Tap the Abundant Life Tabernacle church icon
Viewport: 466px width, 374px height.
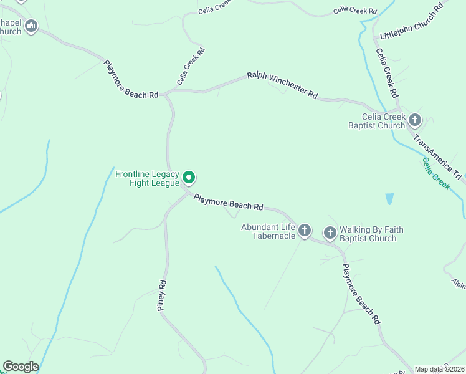point(304,231)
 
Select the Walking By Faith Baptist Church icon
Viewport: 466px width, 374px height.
point(330,233)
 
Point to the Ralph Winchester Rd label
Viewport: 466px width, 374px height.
point(282,85)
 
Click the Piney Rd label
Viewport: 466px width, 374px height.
point(161,295)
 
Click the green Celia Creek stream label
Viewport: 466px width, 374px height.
point(436,173)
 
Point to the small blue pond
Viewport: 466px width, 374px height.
point(389,199)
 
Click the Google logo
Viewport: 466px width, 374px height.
point(21,366)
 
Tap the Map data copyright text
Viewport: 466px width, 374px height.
point(439,369)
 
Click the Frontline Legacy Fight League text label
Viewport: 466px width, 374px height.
point(147,178)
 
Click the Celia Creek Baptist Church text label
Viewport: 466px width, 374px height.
point(376,121)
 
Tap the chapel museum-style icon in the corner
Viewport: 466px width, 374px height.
point(31,26)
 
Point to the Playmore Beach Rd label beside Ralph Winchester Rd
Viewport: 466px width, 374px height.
point(130,80)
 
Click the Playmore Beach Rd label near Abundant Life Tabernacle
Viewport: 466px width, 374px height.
point(228,201)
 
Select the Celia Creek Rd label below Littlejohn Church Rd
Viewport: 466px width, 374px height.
point(386,72)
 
